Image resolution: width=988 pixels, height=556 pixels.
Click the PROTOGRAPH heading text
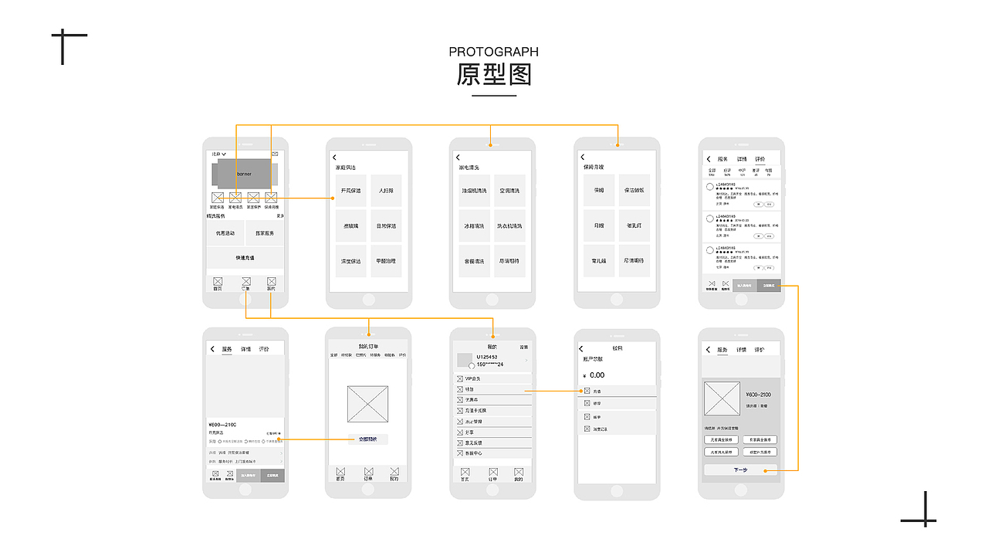[493, 52]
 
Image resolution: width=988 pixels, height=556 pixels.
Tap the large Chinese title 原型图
[493, 75]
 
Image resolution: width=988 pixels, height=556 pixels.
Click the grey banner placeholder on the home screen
[244, 174]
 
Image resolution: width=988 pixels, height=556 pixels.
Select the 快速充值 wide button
[245, 258]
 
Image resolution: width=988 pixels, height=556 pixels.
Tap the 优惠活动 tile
[225, 233]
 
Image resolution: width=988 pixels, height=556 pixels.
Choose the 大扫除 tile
[386, 190]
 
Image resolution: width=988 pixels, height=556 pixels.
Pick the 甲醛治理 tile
[386, 261]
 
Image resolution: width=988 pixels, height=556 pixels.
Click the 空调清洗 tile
[509, 190]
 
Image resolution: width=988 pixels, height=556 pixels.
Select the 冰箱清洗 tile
[474, 226]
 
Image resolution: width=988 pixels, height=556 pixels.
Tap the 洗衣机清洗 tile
[509, 226]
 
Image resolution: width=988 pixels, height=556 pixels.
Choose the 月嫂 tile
[598, 226]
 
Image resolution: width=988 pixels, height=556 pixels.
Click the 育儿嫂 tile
[598, 261]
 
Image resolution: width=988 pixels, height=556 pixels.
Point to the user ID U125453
[487, 357]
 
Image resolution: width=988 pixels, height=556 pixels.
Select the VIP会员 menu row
[492, 378]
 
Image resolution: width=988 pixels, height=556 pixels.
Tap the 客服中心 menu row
[492, 453]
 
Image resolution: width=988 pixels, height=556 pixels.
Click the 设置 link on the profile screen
[523, 347]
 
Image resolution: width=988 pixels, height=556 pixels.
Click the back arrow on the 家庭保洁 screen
[334, 158]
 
